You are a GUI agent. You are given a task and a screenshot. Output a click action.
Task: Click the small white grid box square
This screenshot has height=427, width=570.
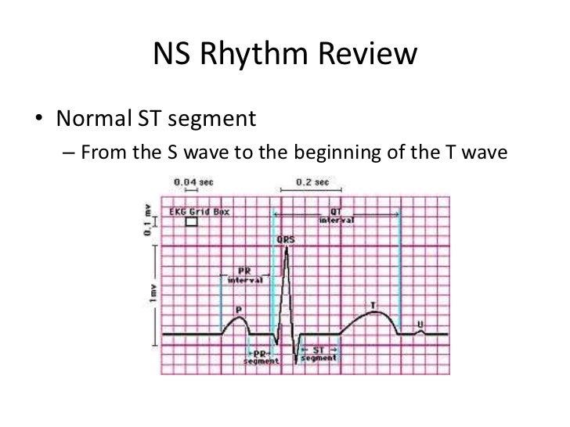coord(191,222)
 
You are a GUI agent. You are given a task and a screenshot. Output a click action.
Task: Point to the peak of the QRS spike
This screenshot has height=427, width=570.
coord(287,248)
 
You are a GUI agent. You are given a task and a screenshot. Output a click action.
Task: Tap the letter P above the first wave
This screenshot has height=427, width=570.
coord(238,308)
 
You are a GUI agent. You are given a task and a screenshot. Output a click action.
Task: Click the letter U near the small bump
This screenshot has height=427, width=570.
coord(420,323)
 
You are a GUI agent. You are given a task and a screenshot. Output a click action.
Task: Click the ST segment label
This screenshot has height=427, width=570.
coord(319,354)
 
